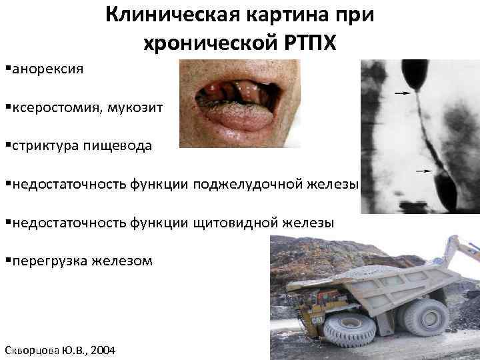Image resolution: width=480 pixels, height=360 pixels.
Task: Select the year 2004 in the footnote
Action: [101, 349]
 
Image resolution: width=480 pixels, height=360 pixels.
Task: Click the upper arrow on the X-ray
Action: [402, 93]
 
